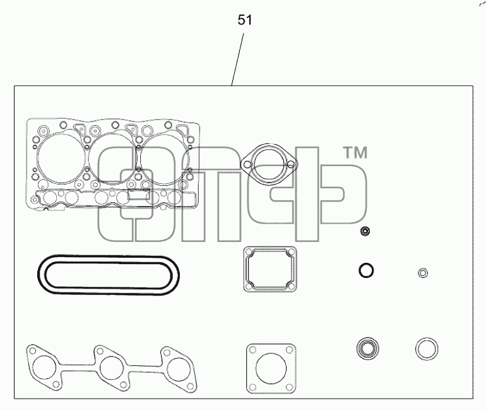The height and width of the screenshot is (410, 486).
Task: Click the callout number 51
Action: (x=245, y=20)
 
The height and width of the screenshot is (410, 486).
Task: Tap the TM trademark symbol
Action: (x=355, y=153)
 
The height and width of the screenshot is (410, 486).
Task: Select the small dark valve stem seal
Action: (x=365, y=231)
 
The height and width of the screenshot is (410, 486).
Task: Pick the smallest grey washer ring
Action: (x=423, y=273)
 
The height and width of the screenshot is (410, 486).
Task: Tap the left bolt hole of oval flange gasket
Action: (x=247, y=164)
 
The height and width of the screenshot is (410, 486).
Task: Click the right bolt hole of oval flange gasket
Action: (x=291, y=164)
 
